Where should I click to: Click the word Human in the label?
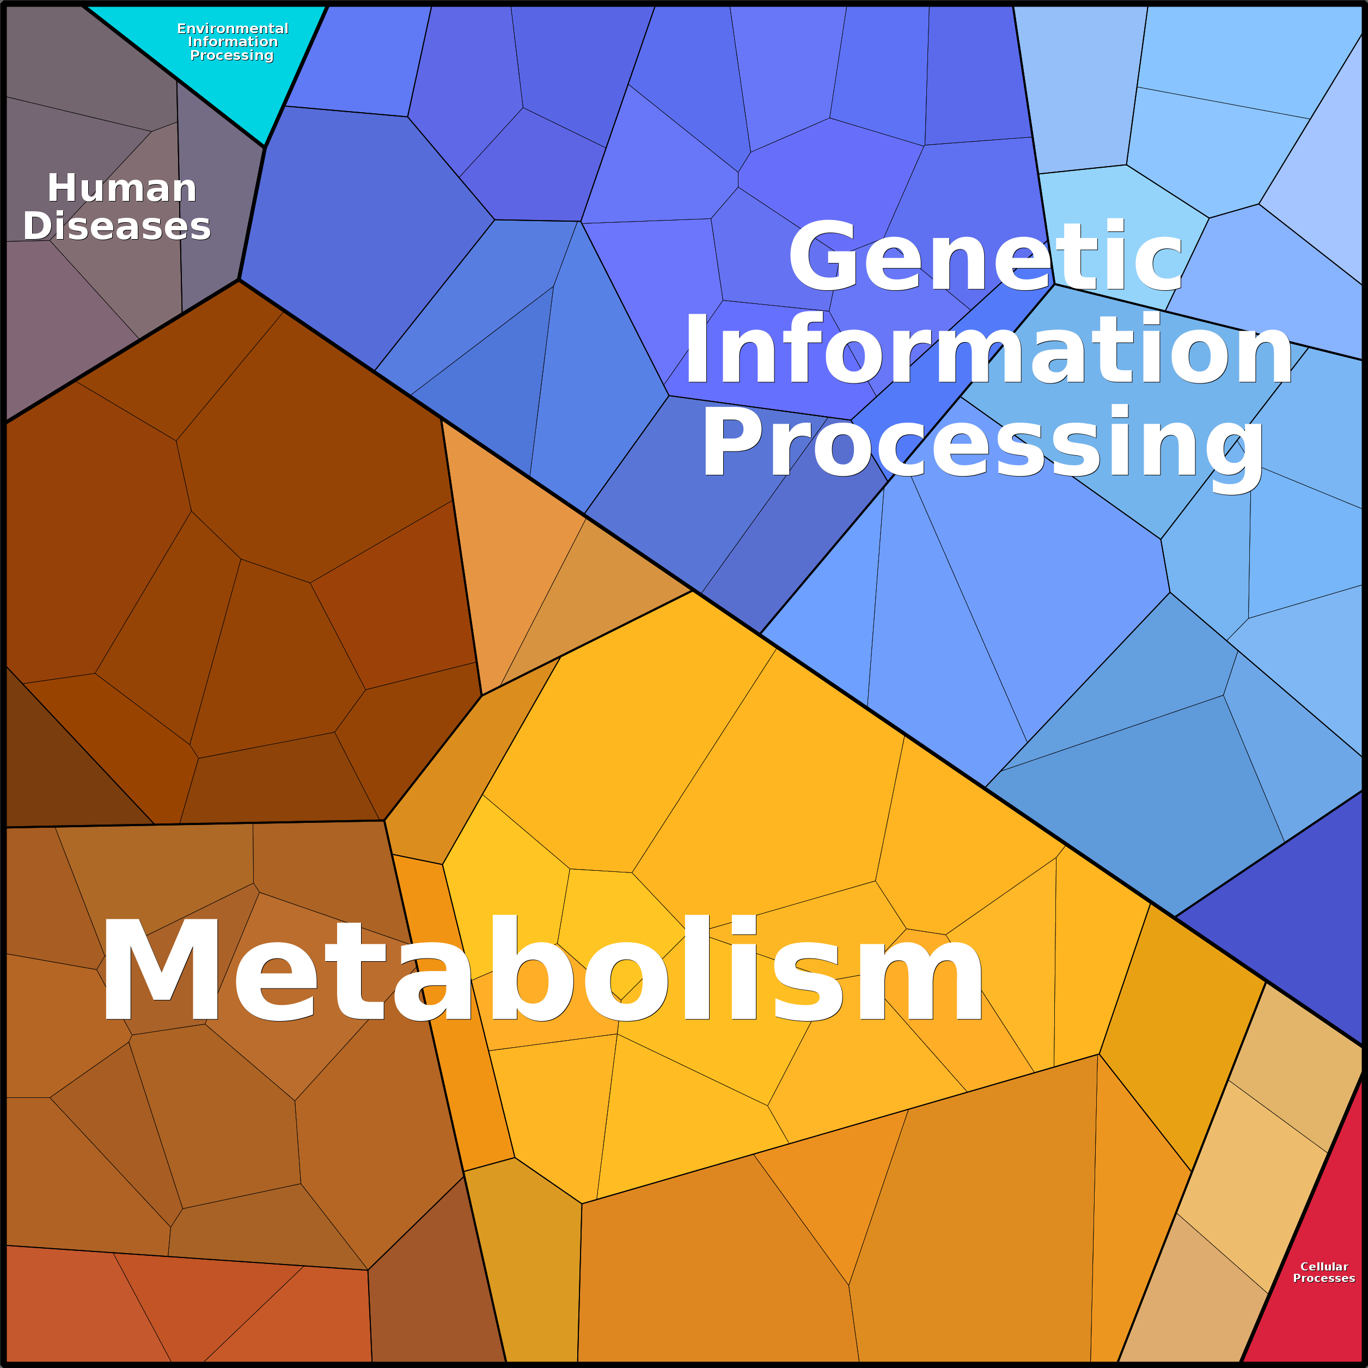[122, 188]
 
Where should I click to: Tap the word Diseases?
[117, 227]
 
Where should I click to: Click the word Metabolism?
[542, 969]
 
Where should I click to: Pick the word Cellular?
[1324, 1266]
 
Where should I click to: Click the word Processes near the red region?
[1324, 1278]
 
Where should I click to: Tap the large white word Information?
[988, 349]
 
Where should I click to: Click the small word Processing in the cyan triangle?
[231, 55]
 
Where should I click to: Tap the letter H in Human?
[60, 188]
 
